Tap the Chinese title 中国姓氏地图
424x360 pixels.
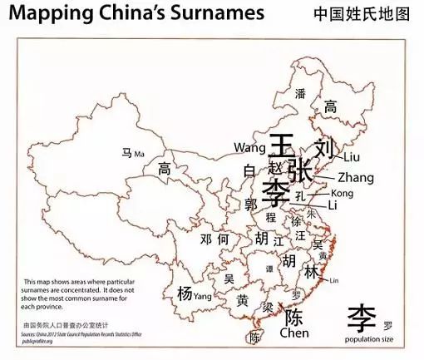click(x=362, y=14)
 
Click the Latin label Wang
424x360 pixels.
click(x=249, y=148)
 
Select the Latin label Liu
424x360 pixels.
click(x=352, y=156)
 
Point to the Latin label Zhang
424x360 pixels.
click(x=356, y=177)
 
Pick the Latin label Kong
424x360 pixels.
click(x=342, y=193)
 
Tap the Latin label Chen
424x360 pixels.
click(x=294, y=333)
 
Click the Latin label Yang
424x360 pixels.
click(x=202, y=295)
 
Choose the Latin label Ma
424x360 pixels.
click(x=139, y=154)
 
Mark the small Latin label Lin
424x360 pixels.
click(x=334, y=280)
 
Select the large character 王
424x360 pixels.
click(x=283, y=147)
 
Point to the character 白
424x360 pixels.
click(x=250, y=170)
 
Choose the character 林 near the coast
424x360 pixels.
click(x=311, y=272)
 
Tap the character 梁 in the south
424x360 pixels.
click(x=268, y=307)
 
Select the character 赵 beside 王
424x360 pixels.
click(x=276, y=167)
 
